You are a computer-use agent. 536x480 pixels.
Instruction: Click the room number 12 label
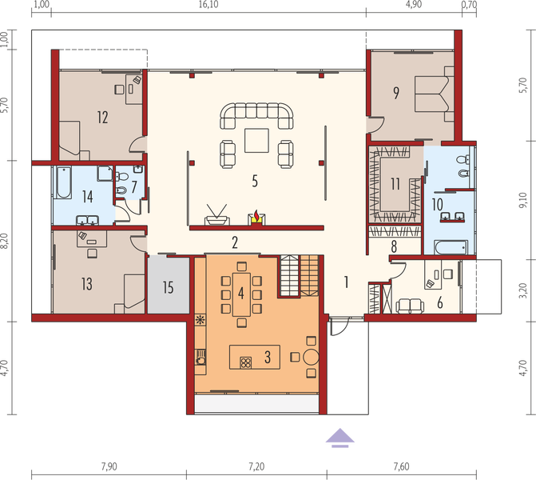102,118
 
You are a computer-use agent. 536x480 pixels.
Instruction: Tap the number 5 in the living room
255,181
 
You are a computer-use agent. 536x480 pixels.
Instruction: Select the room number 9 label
396,92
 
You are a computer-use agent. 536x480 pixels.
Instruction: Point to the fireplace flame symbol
256,216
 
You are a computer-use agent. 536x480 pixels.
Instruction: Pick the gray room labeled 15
167,286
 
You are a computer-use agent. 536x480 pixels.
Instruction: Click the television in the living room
216,214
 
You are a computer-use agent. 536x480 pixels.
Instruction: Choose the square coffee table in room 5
256,140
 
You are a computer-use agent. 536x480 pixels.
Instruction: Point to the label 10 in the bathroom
437,205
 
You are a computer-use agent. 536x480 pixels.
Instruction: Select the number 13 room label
86,283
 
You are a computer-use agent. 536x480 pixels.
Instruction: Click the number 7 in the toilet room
134,186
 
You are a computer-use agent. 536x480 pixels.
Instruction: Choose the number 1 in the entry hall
347,281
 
